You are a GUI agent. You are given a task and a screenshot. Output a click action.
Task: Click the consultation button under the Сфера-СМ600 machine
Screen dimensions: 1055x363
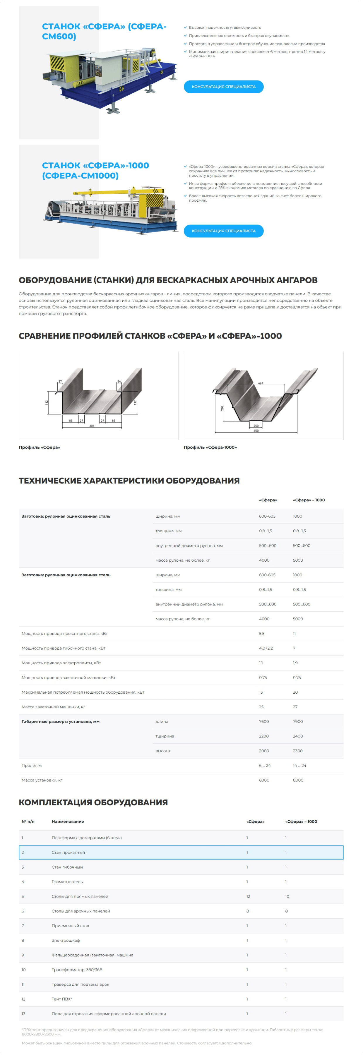pyautogui.click(x=223, y=87)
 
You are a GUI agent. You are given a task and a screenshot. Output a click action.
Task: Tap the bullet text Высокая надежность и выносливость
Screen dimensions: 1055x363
pyautogui.click(x=225, y=28)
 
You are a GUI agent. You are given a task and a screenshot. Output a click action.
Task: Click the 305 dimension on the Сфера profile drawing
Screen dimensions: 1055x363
pyautogui.click(x=92, y=426)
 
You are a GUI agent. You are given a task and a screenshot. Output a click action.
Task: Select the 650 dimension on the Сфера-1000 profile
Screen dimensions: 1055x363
pyautogui.click(x=256, y=431)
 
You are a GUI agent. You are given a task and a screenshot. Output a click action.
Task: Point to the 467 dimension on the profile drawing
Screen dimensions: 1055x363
pyautogui.click(x=261, y=383)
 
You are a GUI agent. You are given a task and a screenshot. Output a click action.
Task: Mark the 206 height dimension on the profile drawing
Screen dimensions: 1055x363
pyautogui.click(x=222, y=408)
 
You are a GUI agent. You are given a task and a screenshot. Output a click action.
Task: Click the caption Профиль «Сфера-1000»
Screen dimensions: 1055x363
pyautogui.click(x=210, y=447)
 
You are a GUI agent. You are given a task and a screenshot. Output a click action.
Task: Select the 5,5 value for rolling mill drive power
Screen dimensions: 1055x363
pyautogui.click(x=261, y=634)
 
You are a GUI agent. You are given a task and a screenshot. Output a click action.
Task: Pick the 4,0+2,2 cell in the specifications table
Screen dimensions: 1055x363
pyautogui.click(x=266, y=648)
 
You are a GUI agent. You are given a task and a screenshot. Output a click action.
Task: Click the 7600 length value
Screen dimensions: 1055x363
pyautogui.click(x=264, y=722)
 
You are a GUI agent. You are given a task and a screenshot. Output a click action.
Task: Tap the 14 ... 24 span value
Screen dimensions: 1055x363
pyautogui.click(x=299, y=766)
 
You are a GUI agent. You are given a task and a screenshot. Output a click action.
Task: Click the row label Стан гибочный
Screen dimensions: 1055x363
pyautogui.click(x=67, y=867)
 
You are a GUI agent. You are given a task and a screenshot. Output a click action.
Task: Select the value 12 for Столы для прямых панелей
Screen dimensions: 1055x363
pyautogui.click(x=248, y=896)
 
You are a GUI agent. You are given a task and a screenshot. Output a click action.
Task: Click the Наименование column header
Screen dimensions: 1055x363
pyautogui.click(x=68, y=821)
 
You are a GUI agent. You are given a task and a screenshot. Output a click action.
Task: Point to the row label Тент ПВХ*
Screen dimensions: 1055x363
pyautogui.click(x=62, y=999)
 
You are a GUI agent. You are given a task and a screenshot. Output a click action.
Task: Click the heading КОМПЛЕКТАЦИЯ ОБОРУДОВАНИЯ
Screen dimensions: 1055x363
pyautogui.click(x=93, y=802)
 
